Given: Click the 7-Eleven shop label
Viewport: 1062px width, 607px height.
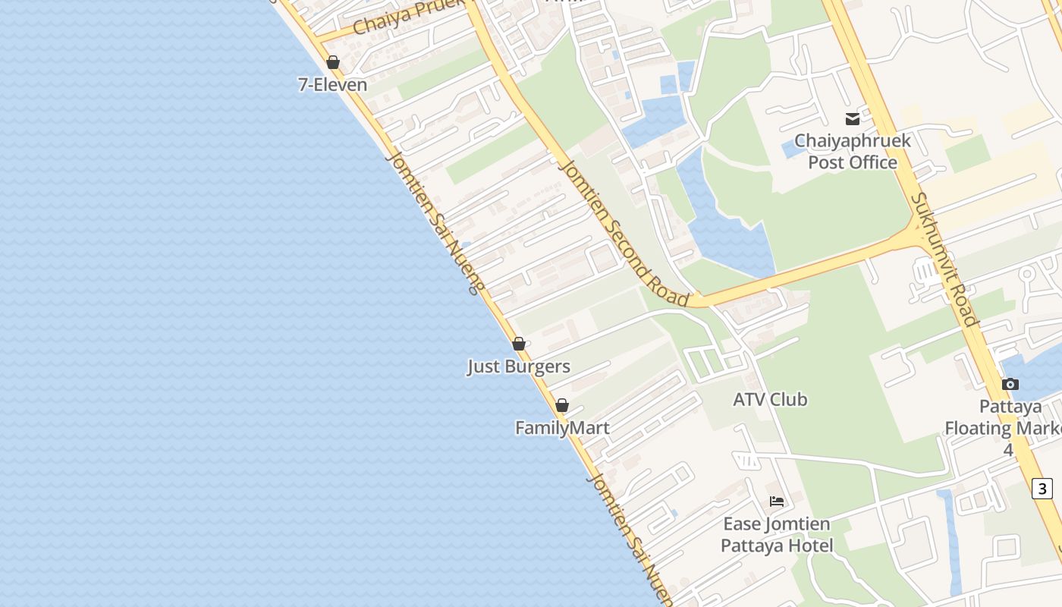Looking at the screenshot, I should pos(332,84).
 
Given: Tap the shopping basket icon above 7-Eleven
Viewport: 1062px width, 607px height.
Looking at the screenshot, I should pos(332,62).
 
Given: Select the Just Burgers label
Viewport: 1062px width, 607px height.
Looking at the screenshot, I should pos(518,366).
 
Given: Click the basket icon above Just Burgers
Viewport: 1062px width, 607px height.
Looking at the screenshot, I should pos(519,344).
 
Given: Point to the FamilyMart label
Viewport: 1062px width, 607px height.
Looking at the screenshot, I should pos(561,428).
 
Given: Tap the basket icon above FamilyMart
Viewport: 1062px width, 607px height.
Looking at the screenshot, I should pos(562,405).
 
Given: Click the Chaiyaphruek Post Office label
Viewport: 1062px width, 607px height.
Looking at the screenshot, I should pos(853,151).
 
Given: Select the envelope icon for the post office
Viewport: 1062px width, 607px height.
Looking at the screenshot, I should pos(853,118).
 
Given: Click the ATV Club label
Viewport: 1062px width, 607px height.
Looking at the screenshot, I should pos(770,399).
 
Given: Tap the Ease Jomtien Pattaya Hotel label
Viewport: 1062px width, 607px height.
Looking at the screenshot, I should pos(777,534).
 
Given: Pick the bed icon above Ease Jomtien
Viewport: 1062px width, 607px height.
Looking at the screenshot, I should pos(777,501).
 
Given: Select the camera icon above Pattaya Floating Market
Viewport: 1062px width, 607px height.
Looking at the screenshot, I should pos(1010,384).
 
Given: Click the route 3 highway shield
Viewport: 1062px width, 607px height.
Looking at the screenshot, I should pos(1043,488).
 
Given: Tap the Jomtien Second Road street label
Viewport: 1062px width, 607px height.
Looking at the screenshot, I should pos(622,232).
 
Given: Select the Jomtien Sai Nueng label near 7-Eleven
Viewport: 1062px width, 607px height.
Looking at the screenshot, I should pos(435,222).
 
